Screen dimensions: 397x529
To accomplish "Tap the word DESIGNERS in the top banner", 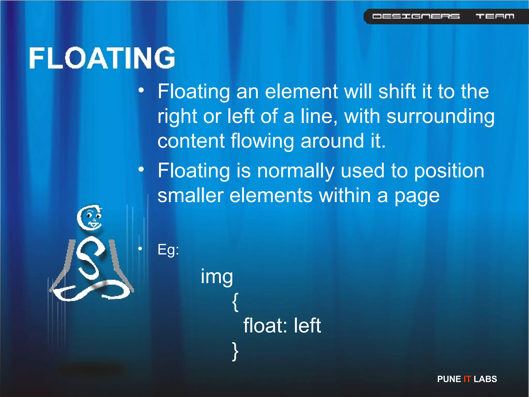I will click(x=416, y=16).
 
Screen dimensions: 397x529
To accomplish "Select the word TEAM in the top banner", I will click(x=495, y=16).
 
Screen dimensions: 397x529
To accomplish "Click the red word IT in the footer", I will click(x=467, y=379).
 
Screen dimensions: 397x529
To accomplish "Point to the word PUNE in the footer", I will click(x=449, y=379).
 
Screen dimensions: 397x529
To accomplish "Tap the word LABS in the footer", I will click(x=485, y=379).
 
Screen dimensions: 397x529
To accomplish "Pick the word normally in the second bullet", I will click(x=296, y=171).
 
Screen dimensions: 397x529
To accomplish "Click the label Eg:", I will click(x=168, y=250).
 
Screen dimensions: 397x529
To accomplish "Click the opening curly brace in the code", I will click(x=235, y=302).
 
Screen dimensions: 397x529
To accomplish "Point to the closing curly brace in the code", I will click(x=235, y=351).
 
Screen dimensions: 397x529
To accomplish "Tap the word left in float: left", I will click(x=307, y=326).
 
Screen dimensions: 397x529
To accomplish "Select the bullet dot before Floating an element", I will click(x=141, y=90).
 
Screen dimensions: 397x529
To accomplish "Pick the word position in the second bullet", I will click(x=449, y=171).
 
